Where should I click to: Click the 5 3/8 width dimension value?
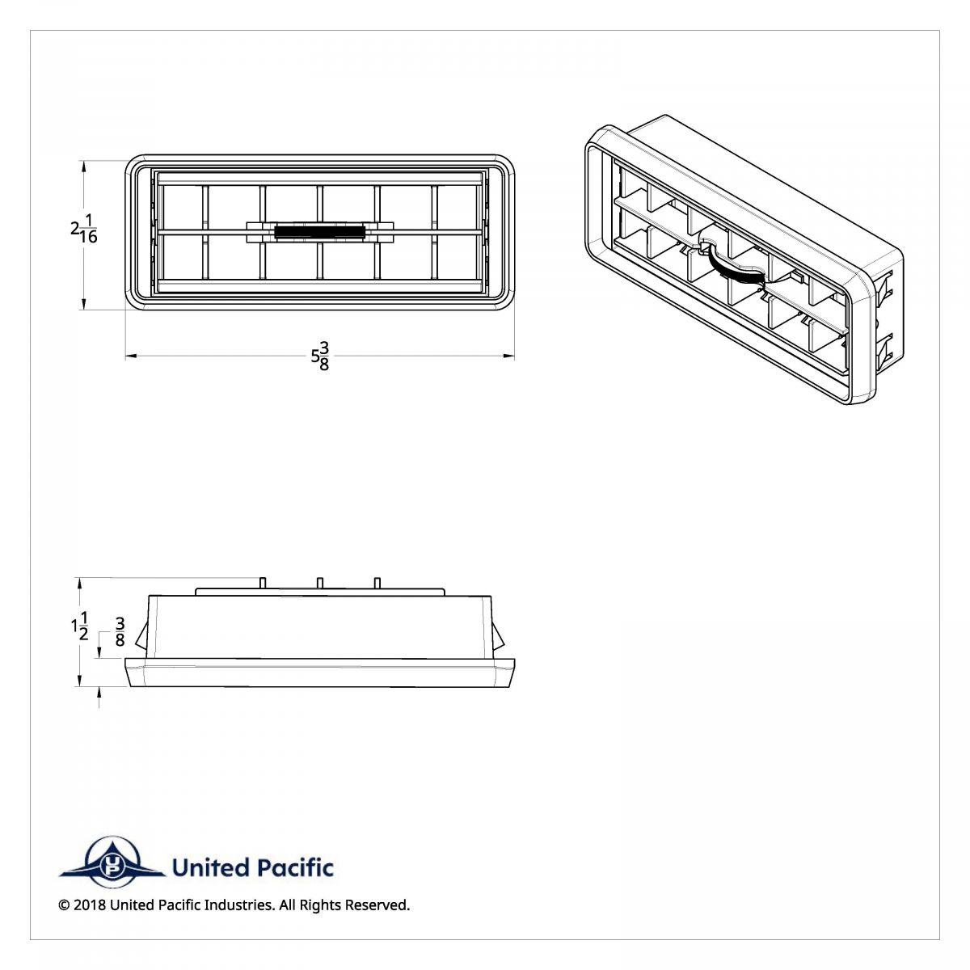[321, 356]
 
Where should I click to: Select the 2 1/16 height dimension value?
[83, 229]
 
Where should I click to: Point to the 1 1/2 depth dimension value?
[79, 626]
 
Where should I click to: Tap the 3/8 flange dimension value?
[120, 632]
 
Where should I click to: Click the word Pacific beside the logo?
[294, 868]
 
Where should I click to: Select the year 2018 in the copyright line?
[89, 905]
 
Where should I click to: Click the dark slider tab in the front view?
[319, 232]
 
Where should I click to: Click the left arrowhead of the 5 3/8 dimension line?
[130, 355]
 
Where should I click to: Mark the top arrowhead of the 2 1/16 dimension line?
[84, 165]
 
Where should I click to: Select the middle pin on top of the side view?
[320, 583]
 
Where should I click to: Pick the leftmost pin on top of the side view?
[264, 583]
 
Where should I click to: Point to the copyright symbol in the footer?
[64, 905]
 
